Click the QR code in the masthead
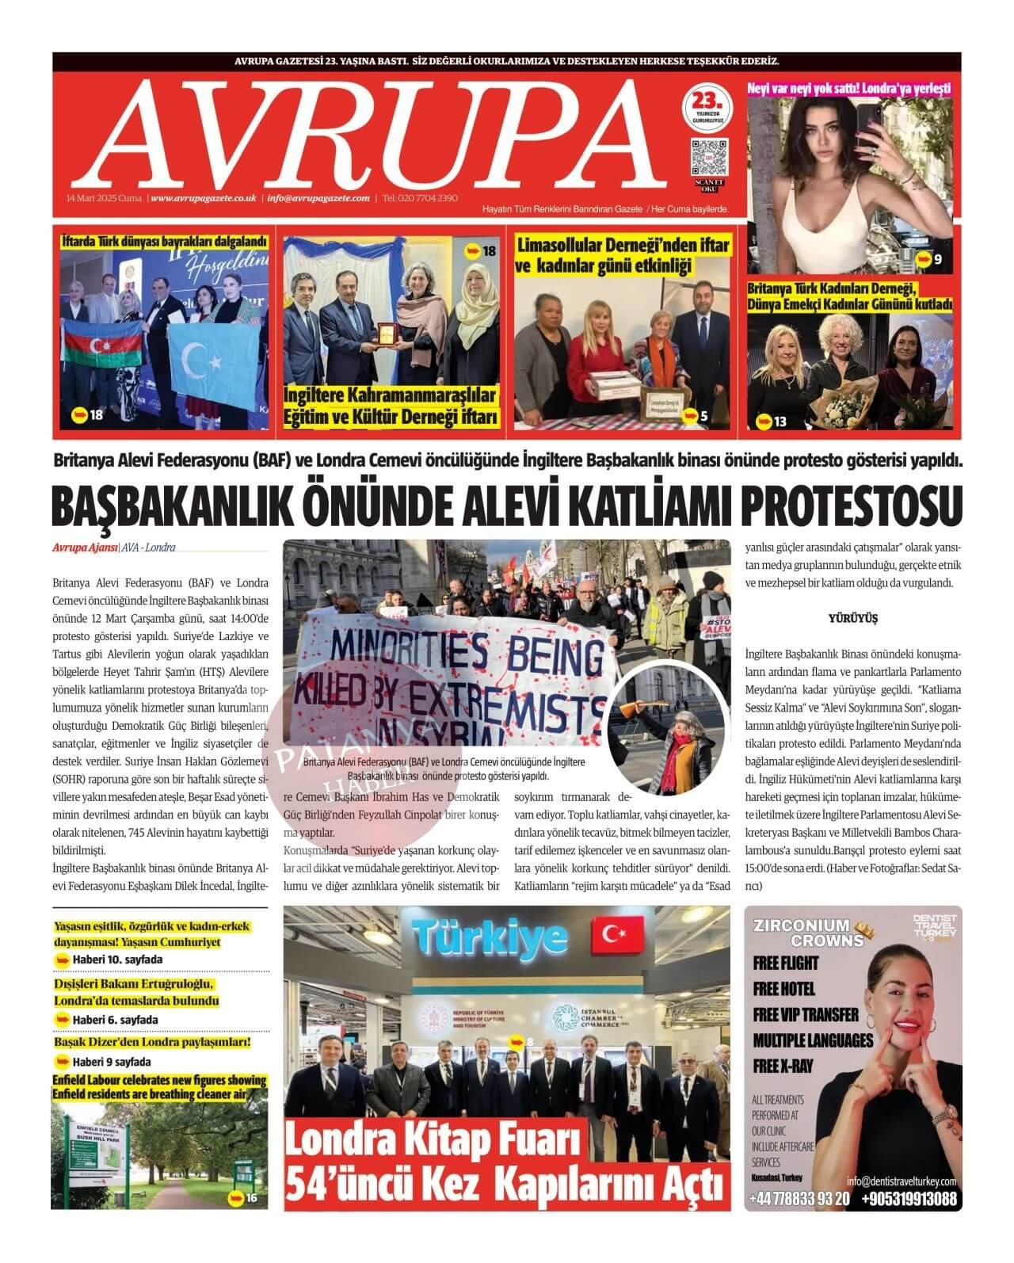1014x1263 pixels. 708,155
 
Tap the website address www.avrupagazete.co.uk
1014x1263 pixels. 204,199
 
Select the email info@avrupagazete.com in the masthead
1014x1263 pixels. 318,199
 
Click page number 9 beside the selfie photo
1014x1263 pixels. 937,260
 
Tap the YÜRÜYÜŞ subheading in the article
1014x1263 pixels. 852,618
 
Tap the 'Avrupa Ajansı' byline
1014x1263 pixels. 84,548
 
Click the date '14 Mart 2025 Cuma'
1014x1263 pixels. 104,199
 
